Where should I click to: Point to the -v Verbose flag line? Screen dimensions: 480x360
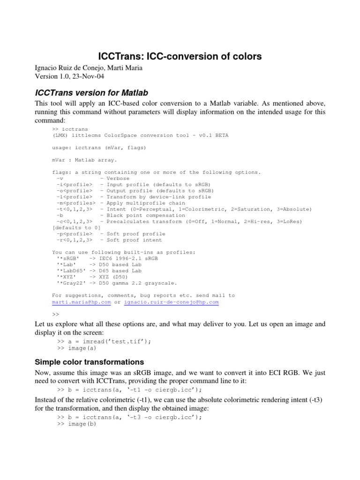91,179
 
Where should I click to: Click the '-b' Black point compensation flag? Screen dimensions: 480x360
59,215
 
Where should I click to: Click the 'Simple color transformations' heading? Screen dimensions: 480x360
90,362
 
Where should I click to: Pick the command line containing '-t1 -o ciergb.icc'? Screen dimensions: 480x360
130,390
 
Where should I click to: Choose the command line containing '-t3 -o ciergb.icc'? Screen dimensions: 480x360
130,418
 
